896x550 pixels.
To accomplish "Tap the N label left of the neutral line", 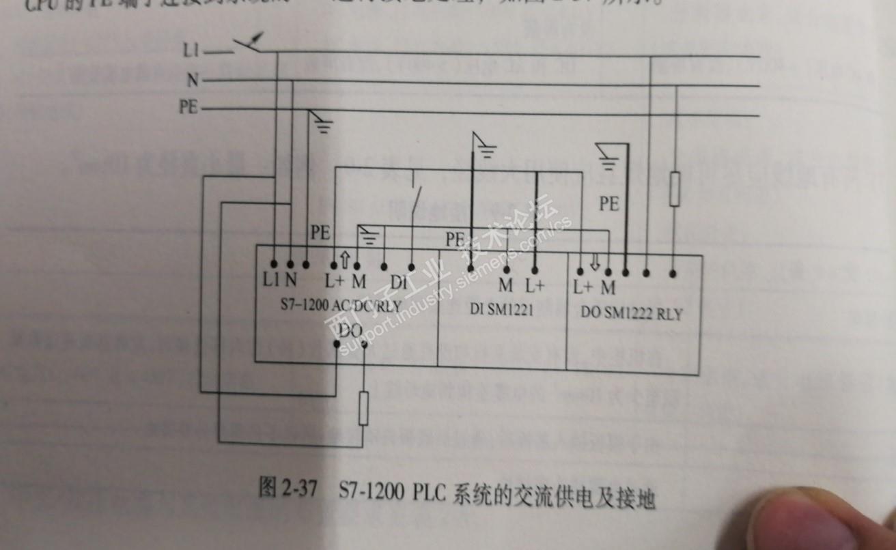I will [x=193, y=81].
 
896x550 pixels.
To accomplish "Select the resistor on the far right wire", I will [x=675, y=189].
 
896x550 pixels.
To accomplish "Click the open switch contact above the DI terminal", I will [x=416, y=198].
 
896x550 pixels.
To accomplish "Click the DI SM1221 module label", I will [x=502, y=309].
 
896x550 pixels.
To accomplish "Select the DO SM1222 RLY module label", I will [x=632, y=314].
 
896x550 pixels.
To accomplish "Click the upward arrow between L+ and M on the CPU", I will [x=345, y=259].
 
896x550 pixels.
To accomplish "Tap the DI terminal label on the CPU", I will [x=400, y=281].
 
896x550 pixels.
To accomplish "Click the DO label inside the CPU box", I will [x=350, y=330].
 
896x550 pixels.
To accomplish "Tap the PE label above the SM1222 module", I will [x=609, y=203].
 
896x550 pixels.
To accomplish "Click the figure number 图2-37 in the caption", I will [x=286, y=489].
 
